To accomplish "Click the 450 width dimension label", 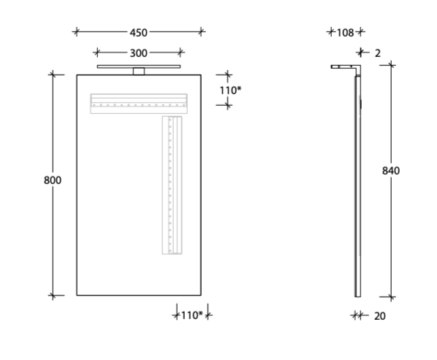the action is coord(139,33).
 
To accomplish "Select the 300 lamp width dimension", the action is coord(139,53).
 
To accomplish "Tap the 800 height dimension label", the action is coord(53,180).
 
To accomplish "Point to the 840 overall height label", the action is coord(391,171).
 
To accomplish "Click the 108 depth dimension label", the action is coord(346,33).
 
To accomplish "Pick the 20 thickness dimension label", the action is coord(380,316).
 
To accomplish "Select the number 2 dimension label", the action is coord(378,53).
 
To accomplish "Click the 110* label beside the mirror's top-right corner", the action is coord(230,91).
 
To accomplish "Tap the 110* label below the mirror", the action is coord(192,315).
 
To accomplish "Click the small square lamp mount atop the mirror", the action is coord(139,72).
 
